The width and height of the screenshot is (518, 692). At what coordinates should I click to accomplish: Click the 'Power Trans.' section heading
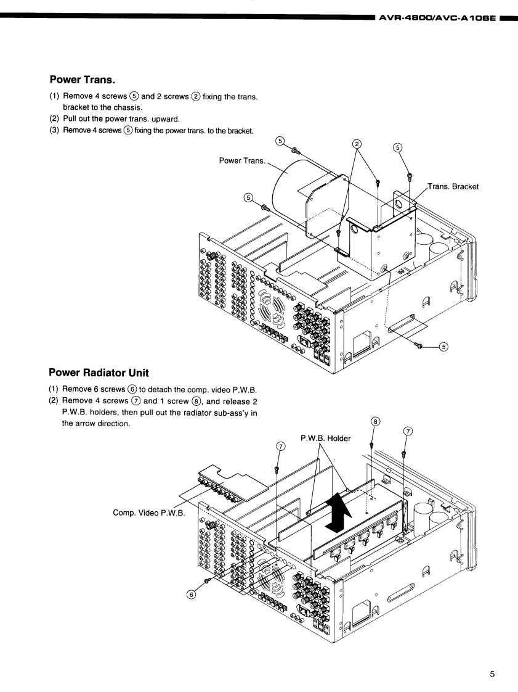[x=83, y=80]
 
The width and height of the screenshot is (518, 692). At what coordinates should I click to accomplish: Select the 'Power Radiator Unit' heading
[x=99, y=373]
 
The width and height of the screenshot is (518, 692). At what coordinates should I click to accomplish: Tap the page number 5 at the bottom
[x=492, y=674]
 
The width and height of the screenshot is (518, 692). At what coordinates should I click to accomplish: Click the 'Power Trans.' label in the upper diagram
[x=242, y=161]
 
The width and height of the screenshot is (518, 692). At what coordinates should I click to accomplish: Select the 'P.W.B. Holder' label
[x=325, y=438]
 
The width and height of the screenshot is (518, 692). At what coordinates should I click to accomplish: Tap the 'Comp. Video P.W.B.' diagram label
[x=148, y=512]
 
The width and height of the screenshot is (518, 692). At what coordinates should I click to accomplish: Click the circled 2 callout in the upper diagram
[x=357, y=143]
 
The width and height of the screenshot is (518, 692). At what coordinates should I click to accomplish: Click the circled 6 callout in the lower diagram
[x=191, y=594]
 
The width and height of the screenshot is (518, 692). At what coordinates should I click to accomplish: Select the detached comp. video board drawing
[x=231, y=483]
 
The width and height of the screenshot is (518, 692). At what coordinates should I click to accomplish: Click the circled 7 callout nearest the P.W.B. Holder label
[x=280, y=447]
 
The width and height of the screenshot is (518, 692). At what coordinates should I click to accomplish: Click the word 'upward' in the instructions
[x=166, y=119]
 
